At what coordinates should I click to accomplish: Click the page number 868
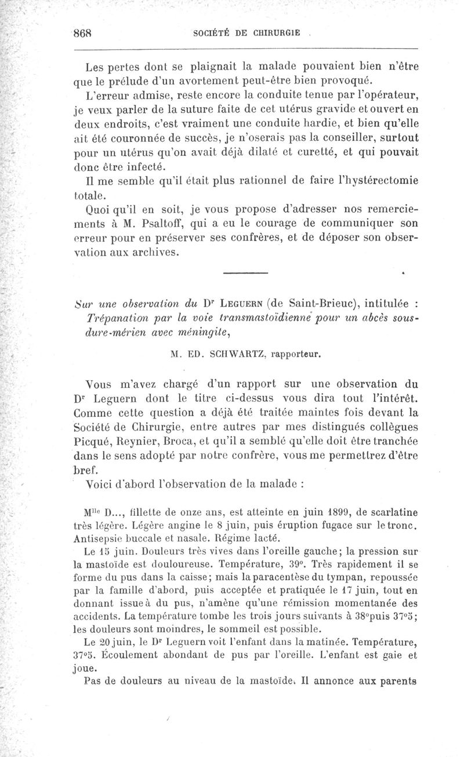click(x=83, y=32)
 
